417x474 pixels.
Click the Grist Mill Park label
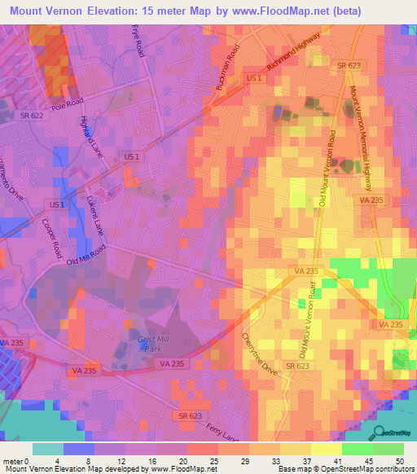(152, 343)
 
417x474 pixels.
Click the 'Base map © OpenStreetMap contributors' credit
(345, 469)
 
